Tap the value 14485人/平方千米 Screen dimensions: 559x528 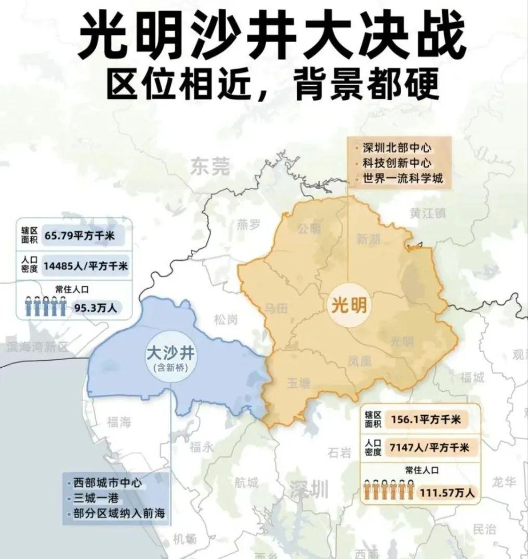(86, 265)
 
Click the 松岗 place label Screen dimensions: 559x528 (226, 321)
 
